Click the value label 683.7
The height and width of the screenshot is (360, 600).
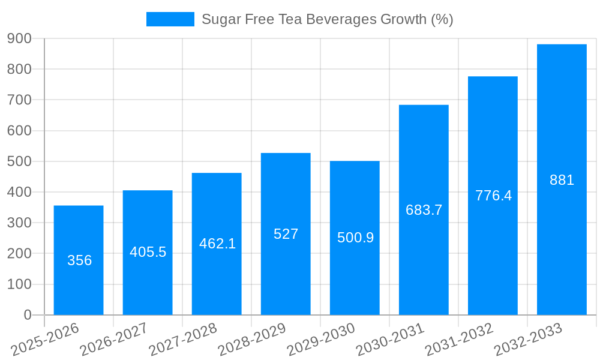click(x=424, y=210)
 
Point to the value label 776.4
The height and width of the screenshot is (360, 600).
click(x=493, y=196)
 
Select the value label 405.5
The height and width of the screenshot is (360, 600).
click(x=148, y=252)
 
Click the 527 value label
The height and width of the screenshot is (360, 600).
click(x=286, y=234)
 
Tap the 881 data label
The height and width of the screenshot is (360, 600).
click(x=562, y=180)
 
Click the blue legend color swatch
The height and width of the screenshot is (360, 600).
click(x=170, y=19)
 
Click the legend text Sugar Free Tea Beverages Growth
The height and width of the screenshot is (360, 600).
click(x=327, y=19)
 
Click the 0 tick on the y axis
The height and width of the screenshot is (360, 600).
click(x=27, y=315)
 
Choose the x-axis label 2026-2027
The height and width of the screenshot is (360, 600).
click(x=114, y=339)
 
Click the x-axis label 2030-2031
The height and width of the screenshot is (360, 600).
click(x=390, y=339)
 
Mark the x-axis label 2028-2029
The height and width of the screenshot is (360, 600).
click(x=252, y=339)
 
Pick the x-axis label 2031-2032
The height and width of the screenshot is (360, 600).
click(x=459, y=339)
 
